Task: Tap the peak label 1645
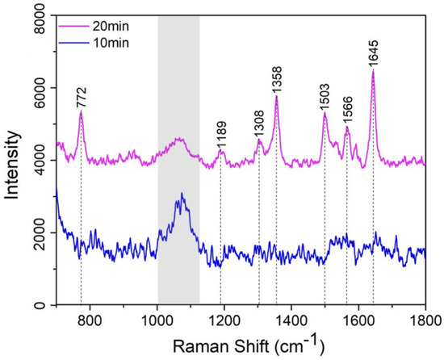coord(373,52)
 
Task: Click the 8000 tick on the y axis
coord(38,15)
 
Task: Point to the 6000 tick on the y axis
coord(38,88)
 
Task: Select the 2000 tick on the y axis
coord(38,233)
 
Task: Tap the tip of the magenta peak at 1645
coord(373,71)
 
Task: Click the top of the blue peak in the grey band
coord(182,194)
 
